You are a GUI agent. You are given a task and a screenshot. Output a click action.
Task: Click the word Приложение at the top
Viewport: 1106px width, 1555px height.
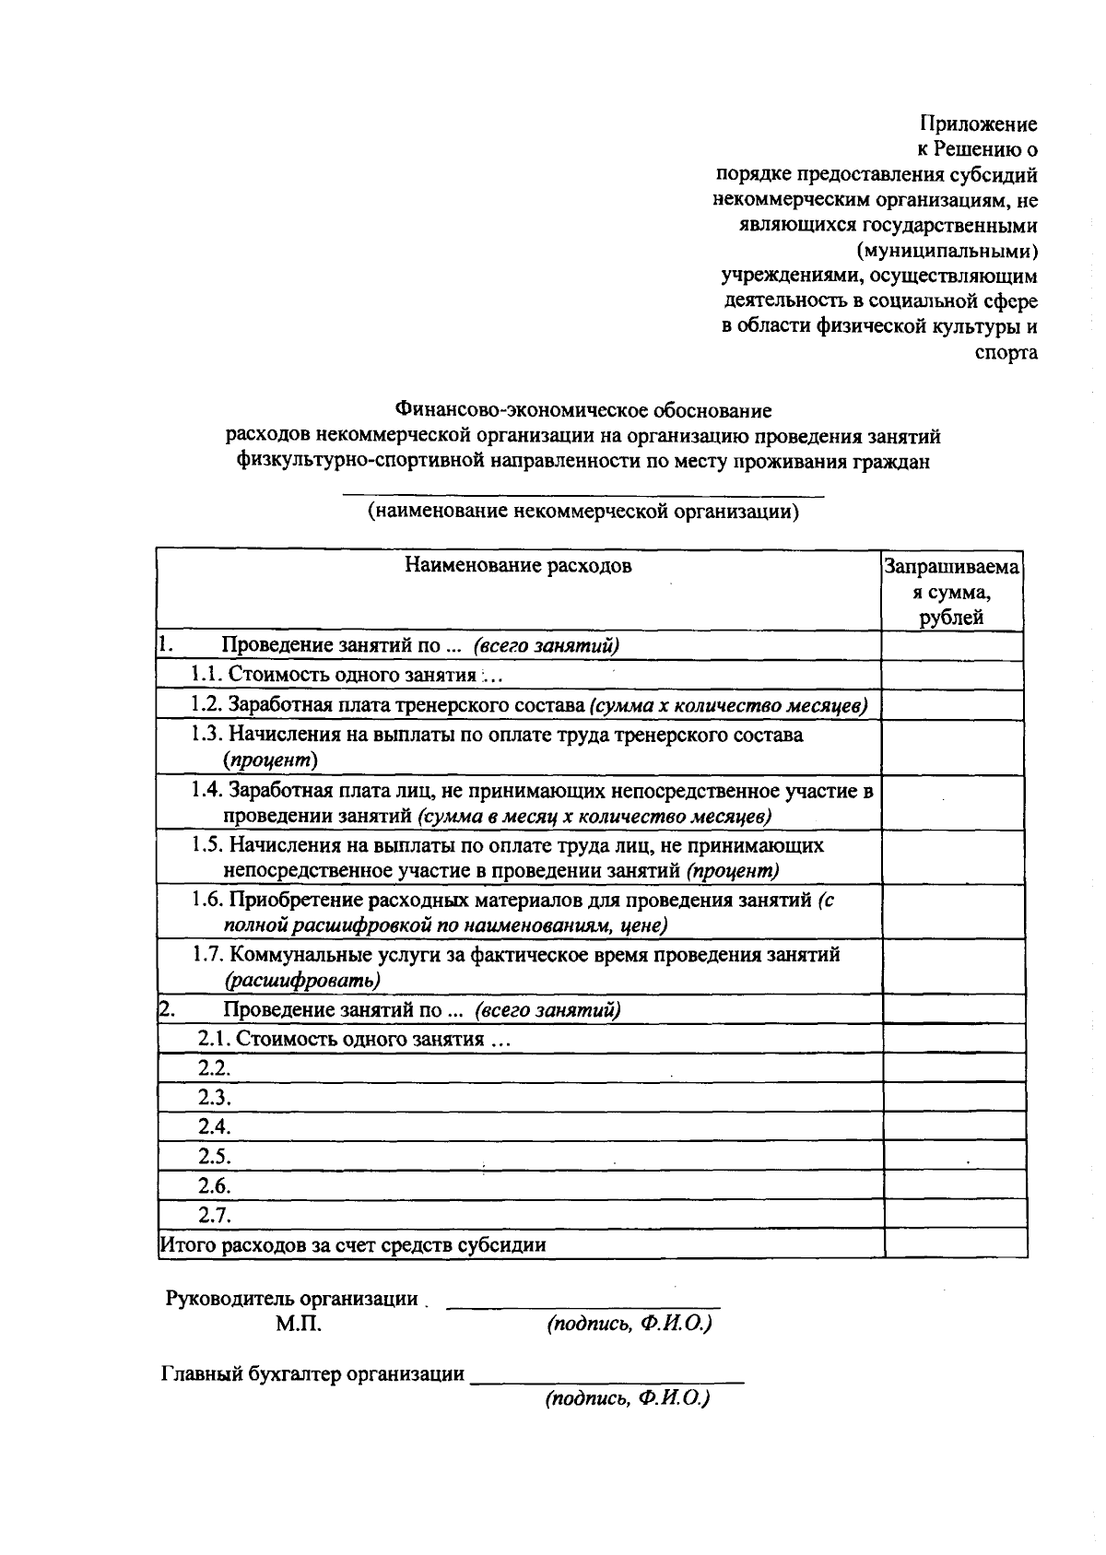(979, 124)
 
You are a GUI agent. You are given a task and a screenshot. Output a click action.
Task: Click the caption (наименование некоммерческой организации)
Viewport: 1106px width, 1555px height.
(582, 512)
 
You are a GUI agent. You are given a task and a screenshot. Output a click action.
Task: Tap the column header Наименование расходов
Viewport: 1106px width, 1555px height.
(518, 566)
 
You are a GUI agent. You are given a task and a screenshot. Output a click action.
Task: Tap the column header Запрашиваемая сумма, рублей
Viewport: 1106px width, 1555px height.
(952, 592)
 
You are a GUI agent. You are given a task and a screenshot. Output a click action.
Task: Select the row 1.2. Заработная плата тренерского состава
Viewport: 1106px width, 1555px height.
(529, 705)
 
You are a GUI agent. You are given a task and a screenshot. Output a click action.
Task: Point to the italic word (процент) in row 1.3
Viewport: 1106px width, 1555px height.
(270, 760)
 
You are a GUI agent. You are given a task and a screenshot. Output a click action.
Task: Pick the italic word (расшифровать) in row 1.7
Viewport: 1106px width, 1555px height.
(302, 980)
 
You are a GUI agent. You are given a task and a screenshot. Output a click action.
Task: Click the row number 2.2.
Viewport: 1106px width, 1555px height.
(214, 1068)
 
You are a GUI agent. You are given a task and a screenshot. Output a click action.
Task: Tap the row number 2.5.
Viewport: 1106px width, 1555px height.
(214, 1156)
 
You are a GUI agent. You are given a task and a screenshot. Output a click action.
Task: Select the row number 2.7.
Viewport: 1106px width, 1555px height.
(214, 1215)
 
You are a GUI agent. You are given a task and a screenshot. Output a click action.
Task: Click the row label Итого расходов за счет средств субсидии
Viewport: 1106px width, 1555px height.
(353, 1245)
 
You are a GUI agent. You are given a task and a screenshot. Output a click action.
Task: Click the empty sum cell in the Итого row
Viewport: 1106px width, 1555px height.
(955, 1244)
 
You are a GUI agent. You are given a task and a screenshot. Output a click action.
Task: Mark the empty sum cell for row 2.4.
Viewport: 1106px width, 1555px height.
(955, 1126)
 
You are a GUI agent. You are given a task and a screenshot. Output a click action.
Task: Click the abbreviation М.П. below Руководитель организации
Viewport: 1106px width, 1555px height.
(297, 1325)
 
